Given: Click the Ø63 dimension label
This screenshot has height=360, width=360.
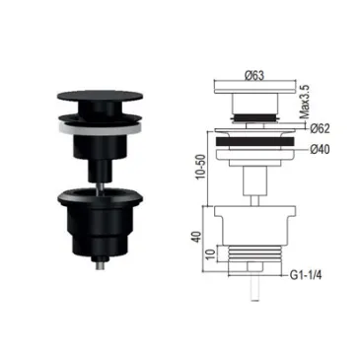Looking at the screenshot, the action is click(254, 75).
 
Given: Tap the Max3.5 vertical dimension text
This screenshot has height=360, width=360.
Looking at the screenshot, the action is click(305, 102).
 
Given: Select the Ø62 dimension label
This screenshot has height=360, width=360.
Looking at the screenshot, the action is click(320, 128).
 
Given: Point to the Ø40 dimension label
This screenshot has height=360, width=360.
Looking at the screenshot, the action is click(320, 150).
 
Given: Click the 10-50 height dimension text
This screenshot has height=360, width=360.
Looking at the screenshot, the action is click(200, 167).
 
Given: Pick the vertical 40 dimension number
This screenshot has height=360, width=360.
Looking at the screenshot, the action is click(196, 237).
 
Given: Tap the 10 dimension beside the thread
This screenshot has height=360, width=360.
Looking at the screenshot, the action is click(211, 253).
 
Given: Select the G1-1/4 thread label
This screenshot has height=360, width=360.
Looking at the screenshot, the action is click(306, 275).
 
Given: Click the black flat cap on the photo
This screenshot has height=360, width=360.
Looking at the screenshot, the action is click(101, 96).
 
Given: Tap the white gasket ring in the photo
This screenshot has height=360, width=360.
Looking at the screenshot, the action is click(101, 127).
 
